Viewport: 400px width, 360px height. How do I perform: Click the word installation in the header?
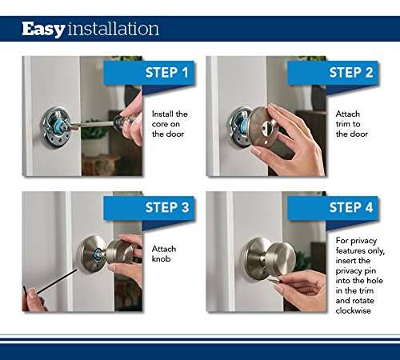[113, 30]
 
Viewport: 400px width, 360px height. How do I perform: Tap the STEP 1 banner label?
[167, 73]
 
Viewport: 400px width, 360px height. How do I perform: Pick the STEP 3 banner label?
[167, 208]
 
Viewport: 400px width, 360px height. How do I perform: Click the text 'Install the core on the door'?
[170, 124]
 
